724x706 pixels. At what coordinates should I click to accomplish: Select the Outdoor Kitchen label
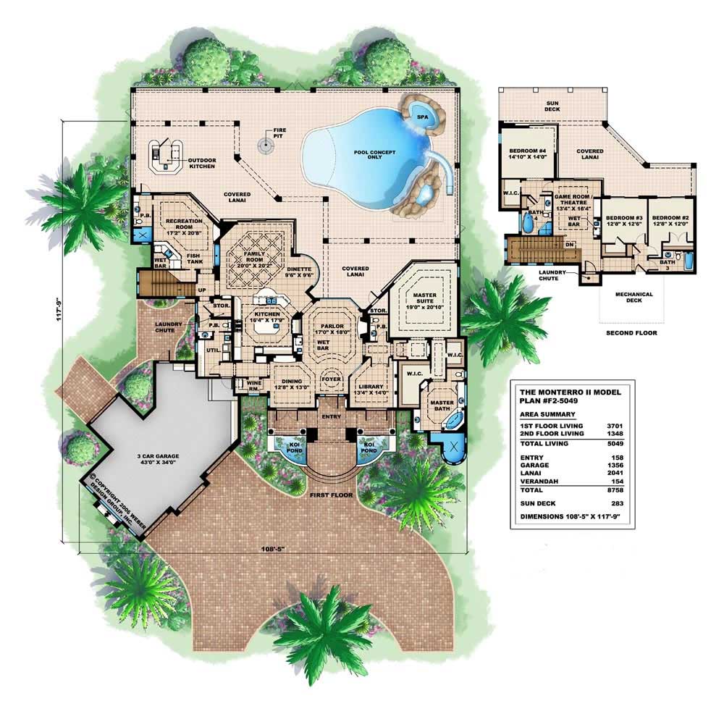202,163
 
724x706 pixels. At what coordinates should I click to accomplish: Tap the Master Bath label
442,405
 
